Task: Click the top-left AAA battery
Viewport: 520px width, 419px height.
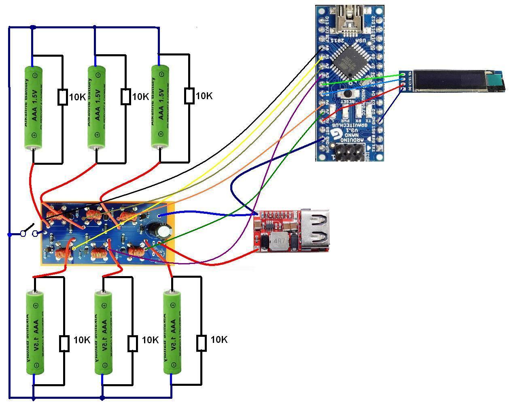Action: [34, 107]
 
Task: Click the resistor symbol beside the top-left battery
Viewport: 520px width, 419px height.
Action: [62, 97]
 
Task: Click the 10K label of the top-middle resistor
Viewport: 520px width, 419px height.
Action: [140, 97]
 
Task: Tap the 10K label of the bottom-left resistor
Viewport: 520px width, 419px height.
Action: [82, 340]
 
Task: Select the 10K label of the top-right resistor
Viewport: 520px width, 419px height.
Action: [204, 96]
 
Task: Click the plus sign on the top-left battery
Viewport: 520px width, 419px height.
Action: [34, 135]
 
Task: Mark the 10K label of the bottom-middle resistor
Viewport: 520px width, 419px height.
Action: [150, 340]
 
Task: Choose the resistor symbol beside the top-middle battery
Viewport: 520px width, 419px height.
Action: [125, 97]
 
